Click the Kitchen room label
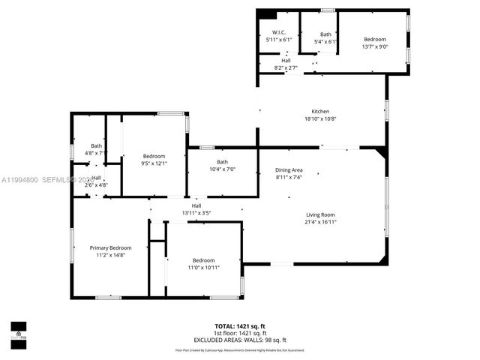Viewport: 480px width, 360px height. point(320,112)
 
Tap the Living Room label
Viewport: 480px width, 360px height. point(320,214)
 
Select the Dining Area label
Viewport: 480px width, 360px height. point(289,171)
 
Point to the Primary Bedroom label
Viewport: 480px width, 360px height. point(110,248)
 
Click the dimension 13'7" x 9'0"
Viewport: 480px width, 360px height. point(374,46)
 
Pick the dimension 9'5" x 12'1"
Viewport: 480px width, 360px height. point(154,163)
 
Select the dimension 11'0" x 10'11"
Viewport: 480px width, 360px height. point(203,268)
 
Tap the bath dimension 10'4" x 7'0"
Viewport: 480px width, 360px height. point(222,170)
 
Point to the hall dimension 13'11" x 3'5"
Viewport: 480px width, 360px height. point(196,213)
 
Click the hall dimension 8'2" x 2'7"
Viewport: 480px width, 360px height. point(286,68)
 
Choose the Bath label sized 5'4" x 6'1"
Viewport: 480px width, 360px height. point(325,34)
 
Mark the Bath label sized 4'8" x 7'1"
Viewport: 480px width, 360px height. point(97,146)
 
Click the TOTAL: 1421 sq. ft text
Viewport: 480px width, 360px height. point(240,326)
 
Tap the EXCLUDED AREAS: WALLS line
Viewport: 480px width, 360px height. point(240,340)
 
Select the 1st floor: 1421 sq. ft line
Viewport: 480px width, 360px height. point(240,333)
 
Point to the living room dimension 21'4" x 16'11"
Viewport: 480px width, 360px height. point(320,222)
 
